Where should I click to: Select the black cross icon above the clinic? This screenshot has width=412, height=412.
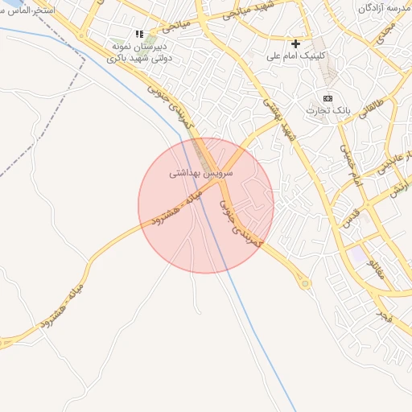point(296,43)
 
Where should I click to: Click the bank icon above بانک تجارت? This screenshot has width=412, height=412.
point(327,97)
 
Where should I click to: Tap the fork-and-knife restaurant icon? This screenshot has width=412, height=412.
point(139,35)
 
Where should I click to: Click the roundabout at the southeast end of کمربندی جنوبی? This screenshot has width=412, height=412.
point(305,283)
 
